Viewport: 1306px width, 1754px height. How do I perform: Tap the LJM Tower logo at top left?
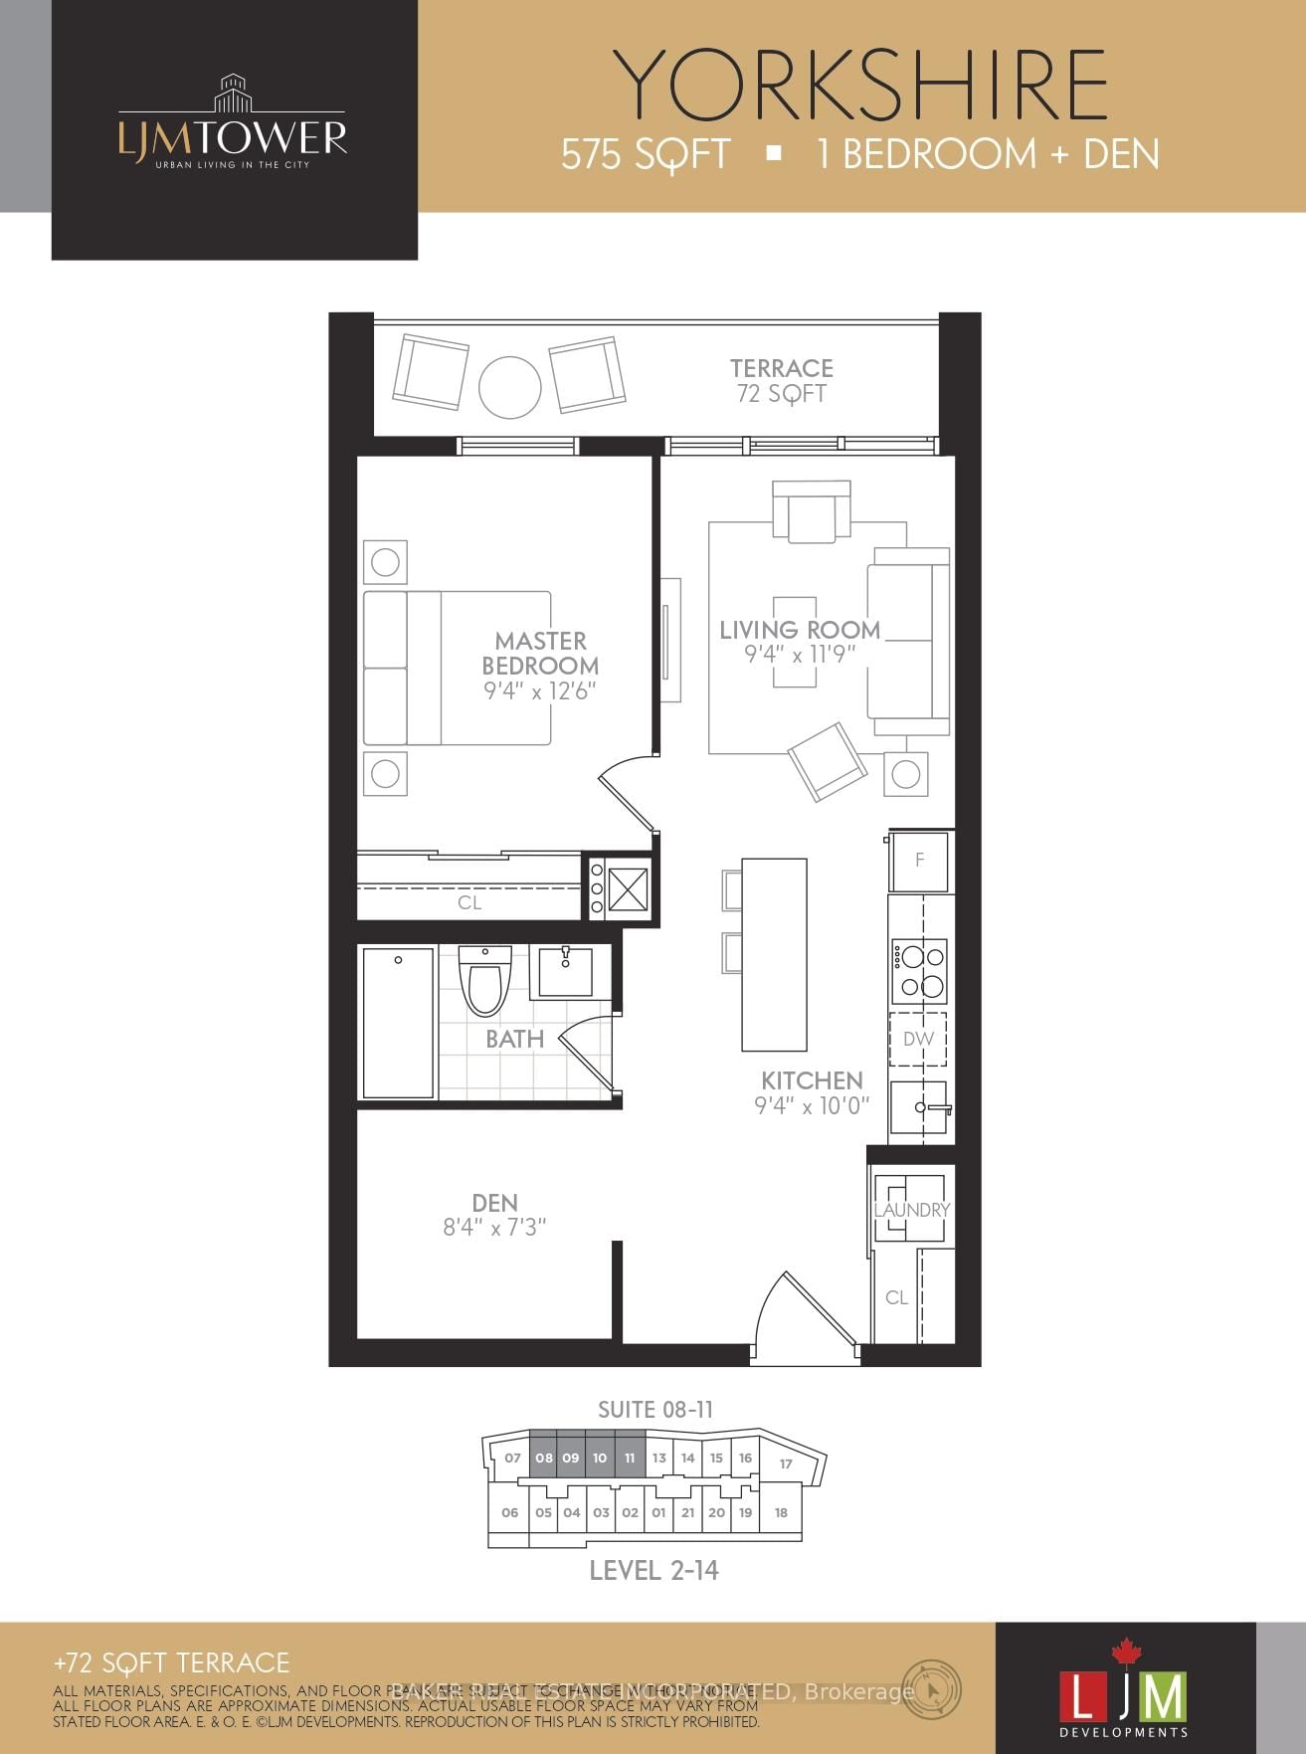pos(233,124)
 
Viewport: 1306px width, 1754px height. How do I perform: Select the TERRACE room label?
pos(781,369)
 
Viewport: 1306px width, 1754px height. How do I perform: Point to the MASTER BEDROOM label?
pos(540,654)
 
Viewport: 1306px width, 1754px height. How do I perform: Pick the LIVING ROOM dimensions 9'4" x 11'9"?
pos(800,655)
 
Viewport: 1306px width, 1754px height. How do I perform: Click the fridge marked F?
pos(919,860)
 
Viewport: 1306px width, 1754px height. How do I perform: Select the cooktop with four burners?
pos(919,971)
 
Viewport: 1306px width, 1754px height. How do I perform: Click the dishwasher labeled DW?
pos(918,1039)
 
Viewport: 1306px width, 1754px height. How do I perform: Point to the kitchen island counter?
pos(774,954)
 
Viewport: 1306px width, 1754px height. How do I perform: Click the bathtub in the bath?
pos(398,1023)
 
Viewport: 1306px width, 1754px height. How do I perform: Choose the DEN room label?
pos(494,1203)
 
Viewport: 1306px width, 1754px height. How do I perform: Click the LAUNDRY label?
pos(911,1210)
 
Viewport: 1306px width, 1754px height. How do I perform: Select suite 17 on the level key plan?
pos(786,1463)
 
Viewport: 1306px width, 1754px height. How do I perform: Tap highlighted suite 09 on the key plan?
pos(570,1458)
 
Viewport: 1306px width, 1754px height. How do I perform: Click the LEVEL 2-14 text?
pos(653,1570)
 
